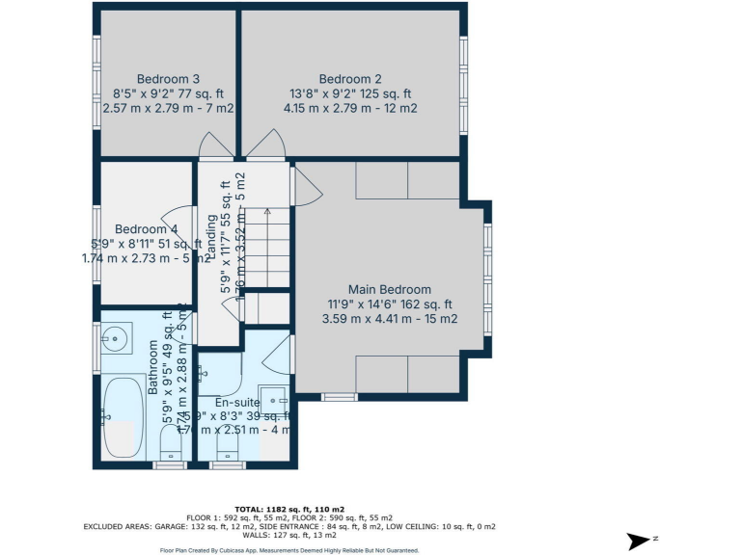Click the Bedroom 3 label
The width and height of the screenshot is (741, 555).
pos(168,79)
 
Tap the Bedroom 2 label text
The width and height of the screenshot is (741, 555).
pos(350,79)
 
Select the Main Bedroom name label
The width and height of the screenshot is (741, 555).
pos(389,289)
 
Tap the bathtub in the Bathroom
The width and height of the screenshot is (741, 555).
pos(123,416)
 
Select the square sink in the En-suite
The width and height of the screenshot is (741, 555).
pos(274,399)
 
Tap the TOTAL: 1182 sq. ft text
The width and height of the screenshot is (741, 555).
pos(290,508)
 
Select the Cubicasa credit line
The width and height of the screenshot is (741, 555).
pos(289,550)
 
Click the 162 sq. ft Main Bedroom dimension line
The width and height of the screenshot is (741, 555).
pos(389,304)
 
